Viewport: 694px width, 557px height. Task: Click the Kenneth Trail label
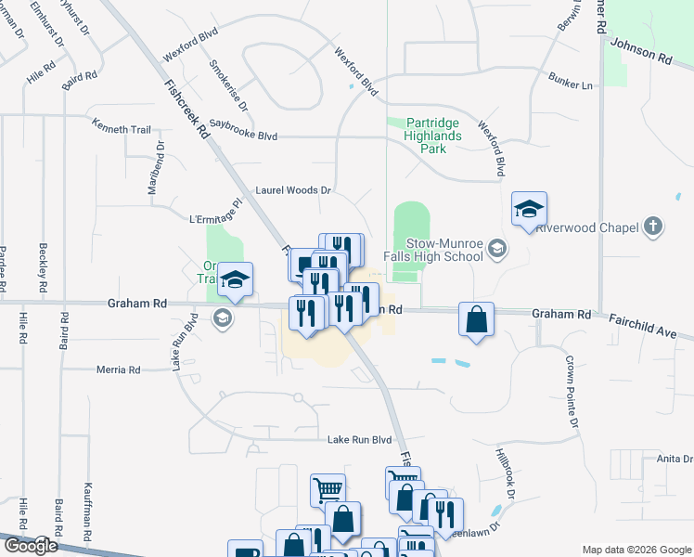[x=121, y=129]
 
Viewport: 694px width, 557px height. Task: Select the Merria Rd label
[x=119, y=369]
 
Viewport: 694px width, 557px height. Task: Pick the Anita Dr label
[x=675, y=459]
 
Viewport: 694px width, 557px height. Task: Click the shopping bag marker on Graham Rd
[x=476, y=320]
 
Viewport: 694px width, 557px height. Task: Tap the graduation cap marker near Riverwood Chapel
[x=529, y=209]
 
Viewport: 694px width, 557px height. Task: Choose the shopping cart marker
[x=328, y=489]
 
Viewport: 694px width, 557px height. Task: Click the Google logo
[x=30, y=546]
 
